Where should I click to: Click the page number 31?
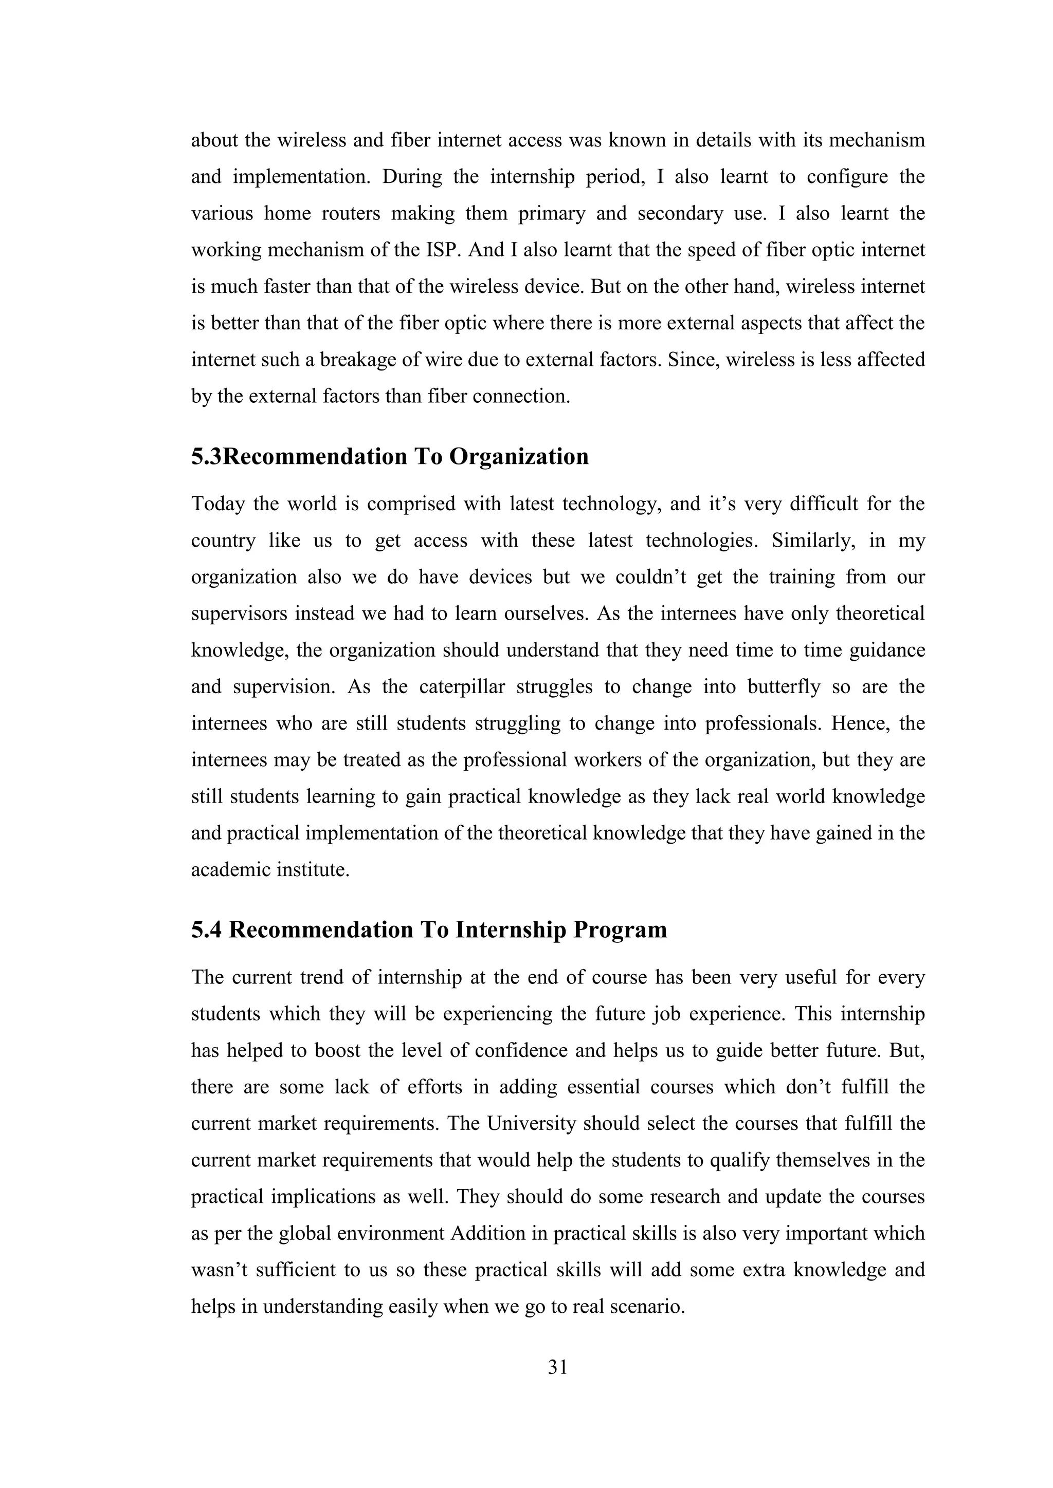558,1367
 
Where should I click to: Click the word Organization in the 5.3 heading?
519,456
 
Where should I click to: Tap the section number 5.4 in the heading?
206,929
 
